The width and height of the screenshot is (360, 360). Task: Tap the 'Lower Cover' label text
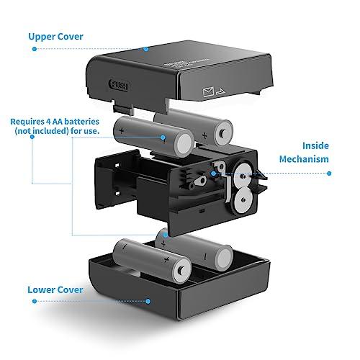55,290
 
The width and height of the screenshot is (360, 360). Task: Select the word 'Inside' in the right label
315,144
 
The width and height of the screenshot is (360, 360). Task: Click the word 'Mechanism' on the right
305,159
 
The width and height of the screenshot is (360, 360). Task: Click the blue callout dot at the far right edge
329,174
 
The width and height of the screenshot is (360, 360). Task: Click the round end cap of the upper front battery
181,140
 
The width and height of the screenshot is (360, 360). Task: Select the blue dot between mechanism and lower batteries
166,233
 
